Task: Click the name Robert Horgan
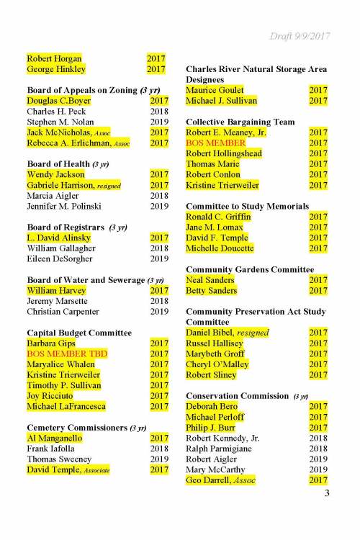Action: click(54, 58)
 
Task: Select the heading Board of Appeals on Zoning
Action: click(89, 90)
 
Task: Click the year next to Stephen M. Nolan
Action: click(158, 122)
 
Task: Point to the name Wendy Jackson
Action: click(55, 175)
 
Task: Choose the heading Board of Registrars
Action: click(66, 228)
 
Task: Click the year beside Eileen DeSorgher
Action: click(158, 259)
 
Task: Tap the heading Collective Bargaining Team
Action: click(240, 122)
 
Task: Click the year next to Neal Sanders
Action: click(318, 280)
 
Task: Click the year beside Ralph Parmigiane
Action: click(318, 449)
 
